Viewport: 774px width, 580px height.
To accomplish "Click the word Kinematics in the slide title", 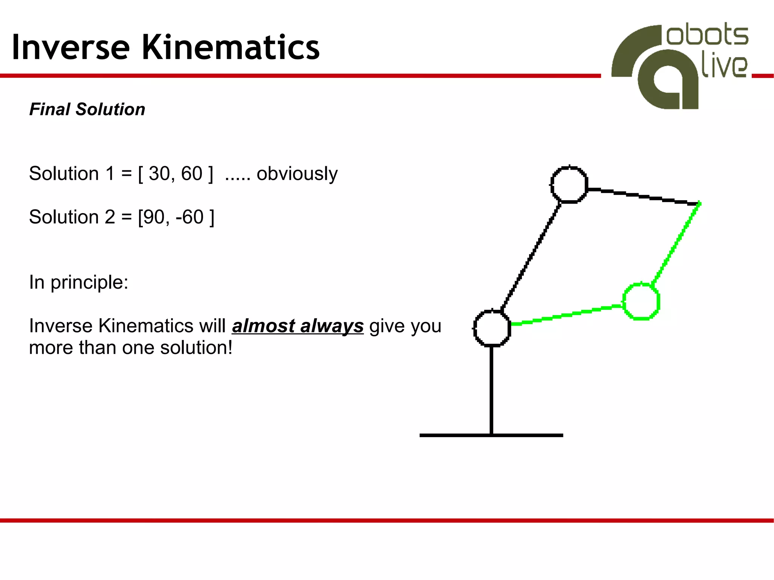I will click(231, 48).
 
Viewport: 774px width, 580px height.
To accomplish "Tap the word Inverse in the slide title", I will click(71, 48).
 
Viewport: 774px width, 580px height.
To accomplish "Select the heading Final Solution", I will click(87, 109).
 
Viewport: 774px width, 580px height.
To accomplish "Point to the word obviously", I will click(297, 174).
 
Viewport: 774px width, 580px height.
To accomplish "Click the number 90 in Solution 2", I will click(154, 217).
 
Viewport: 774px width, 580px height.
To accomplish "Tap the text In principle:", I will click(79, 282).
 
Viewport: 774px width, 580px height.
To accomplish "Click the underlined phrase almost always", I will click(298, 326).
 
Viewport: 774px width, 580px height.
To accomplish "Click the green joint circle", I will click(641, 301).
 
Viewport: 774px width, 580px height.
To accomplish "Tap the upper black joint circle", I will click(569, 185).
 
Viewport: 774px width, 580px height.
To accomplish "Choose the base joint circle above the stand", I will click(492, 328).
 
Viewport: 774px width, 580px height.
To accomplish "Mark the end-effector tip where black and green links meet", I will click(699, 204).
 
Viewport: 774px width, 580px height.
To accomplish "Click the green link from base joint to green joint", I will click(567, 315).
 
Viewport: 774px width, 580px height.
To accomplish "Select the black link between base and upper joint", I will click(531, 257).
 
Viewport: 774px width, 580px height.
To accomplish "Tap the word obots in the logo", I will click(707, 36).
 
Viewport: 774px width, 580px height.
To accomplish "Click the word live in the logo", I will click(724, 67).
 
